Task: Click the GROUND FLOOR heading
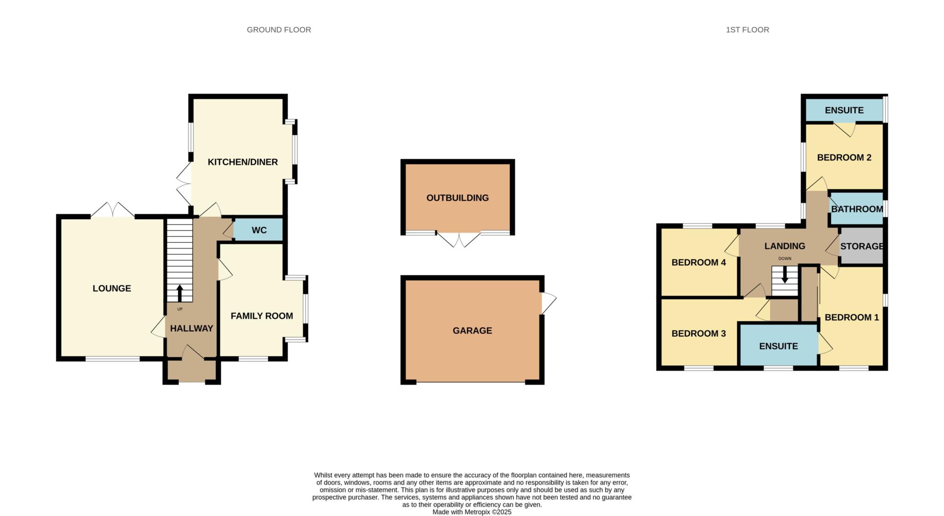(x=279, y=30)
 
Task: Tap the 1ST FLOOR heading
(x=747, y=30)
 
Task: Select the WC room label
(x=259, y=230)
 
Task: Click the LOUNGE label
(x=112, y=288)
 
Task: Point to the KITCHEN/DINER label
(x=242, y=162)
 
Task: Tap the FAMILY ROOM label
(x=262, y=316)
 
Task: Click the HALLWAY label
(x=191, y=328)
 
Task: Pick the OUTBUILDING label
(x=457, y=198)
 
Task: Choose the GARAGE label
(x=472, y=331)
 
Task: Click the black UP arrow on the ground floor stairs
(x=180, y=292)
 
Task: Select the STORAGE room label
(x=861, y=246)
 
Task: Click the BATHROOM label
(x=857, y=209)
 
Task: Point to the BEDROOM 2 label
(x=844, y=157)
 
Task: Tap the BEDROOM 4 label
(x=698, y=262)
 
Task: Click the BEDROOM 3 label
(x=698, y=333)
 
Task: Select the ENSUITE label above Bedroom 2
(x=844, y=110)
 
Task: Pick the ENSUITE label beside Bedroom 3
(x=778, y=346)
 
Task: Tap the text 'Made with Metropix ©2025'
(x=472, y=512)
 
